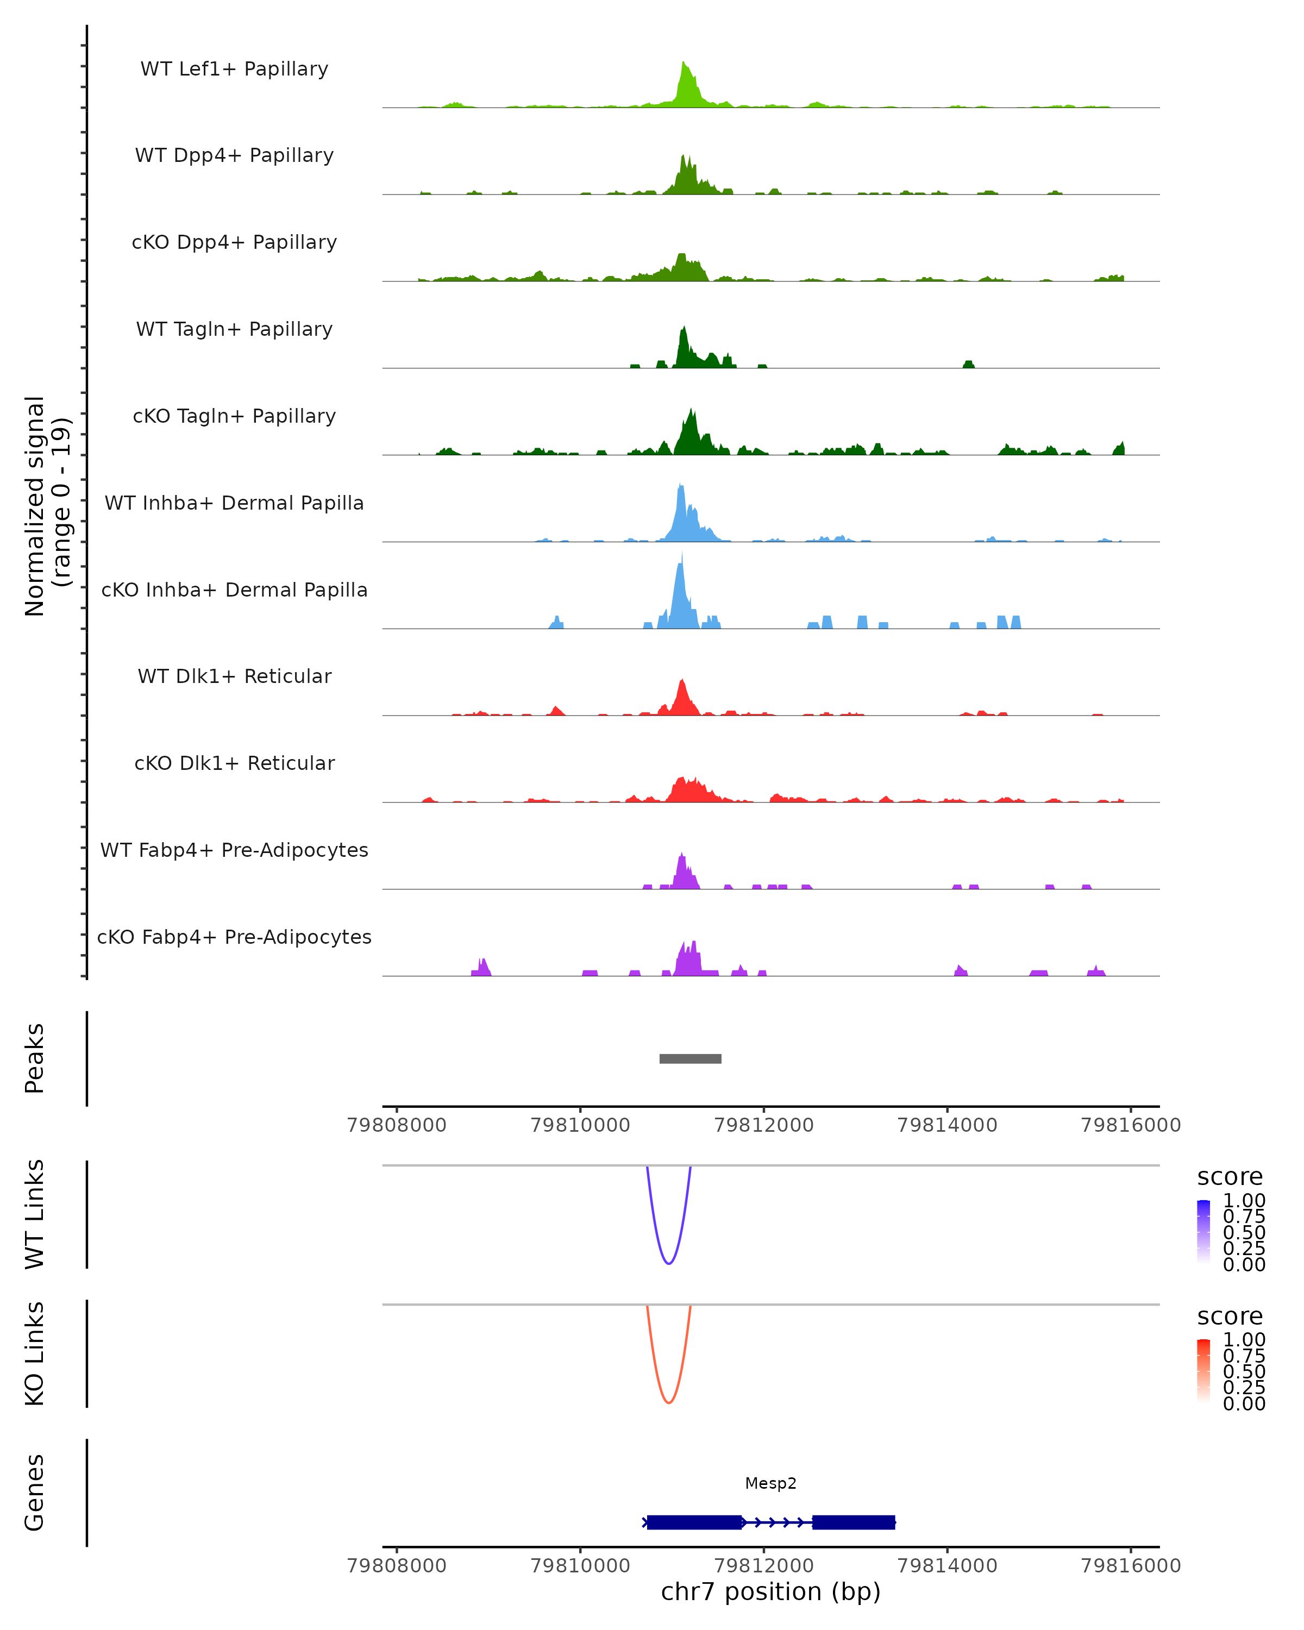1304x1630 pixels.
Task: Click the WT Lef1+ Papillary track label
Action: [234, 69]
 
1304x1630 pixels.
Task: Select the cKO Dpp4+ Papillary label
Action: [234, 242]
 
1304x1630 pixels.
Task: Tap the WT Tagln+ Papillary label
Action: [234, 329]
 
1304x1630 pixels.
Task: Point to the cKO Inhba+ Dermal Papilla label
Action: [234, 590]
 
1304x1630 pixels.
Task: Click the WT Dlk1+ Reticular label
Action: [234, 676]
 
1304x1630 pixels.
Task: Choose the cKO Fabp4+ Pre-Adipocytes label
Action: [234, 937]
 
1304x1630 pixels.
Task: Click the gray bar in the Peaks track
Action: [690, 1058]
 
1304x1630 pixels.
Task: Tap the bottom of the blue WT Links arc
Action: [669, 1263]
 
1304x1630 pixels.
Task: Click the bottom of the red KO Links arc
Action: [669, 1402]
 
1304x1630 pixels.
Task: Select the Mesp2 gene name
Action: [770, 1483]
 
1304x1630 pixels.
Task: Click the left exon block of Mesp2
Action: [694, 1522]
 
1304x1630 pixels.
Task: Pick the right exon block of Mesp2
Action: [854, 1522]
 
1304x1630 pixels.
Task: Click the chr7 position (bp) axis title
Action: [770, 1592]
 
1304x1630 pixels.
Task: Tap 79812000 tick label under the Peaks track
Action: [763, 1125]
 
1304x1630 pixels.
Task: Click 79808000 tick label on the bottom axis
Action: [396, 1565]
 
